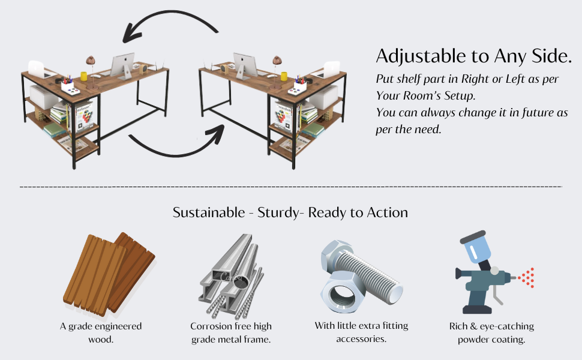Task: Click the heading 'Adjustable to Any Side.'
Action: click(x=473, y=56)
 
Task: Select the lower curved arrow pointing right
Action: click(x=174, y=148)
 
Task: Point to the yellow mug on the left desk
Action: click(x=84, y=77)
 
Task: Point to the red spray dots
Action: click(x=527, y=278)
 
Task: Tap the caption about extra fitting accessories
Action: click(x=361, y=332)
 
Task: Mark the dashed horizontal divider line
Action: click(x=291, y=187)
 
